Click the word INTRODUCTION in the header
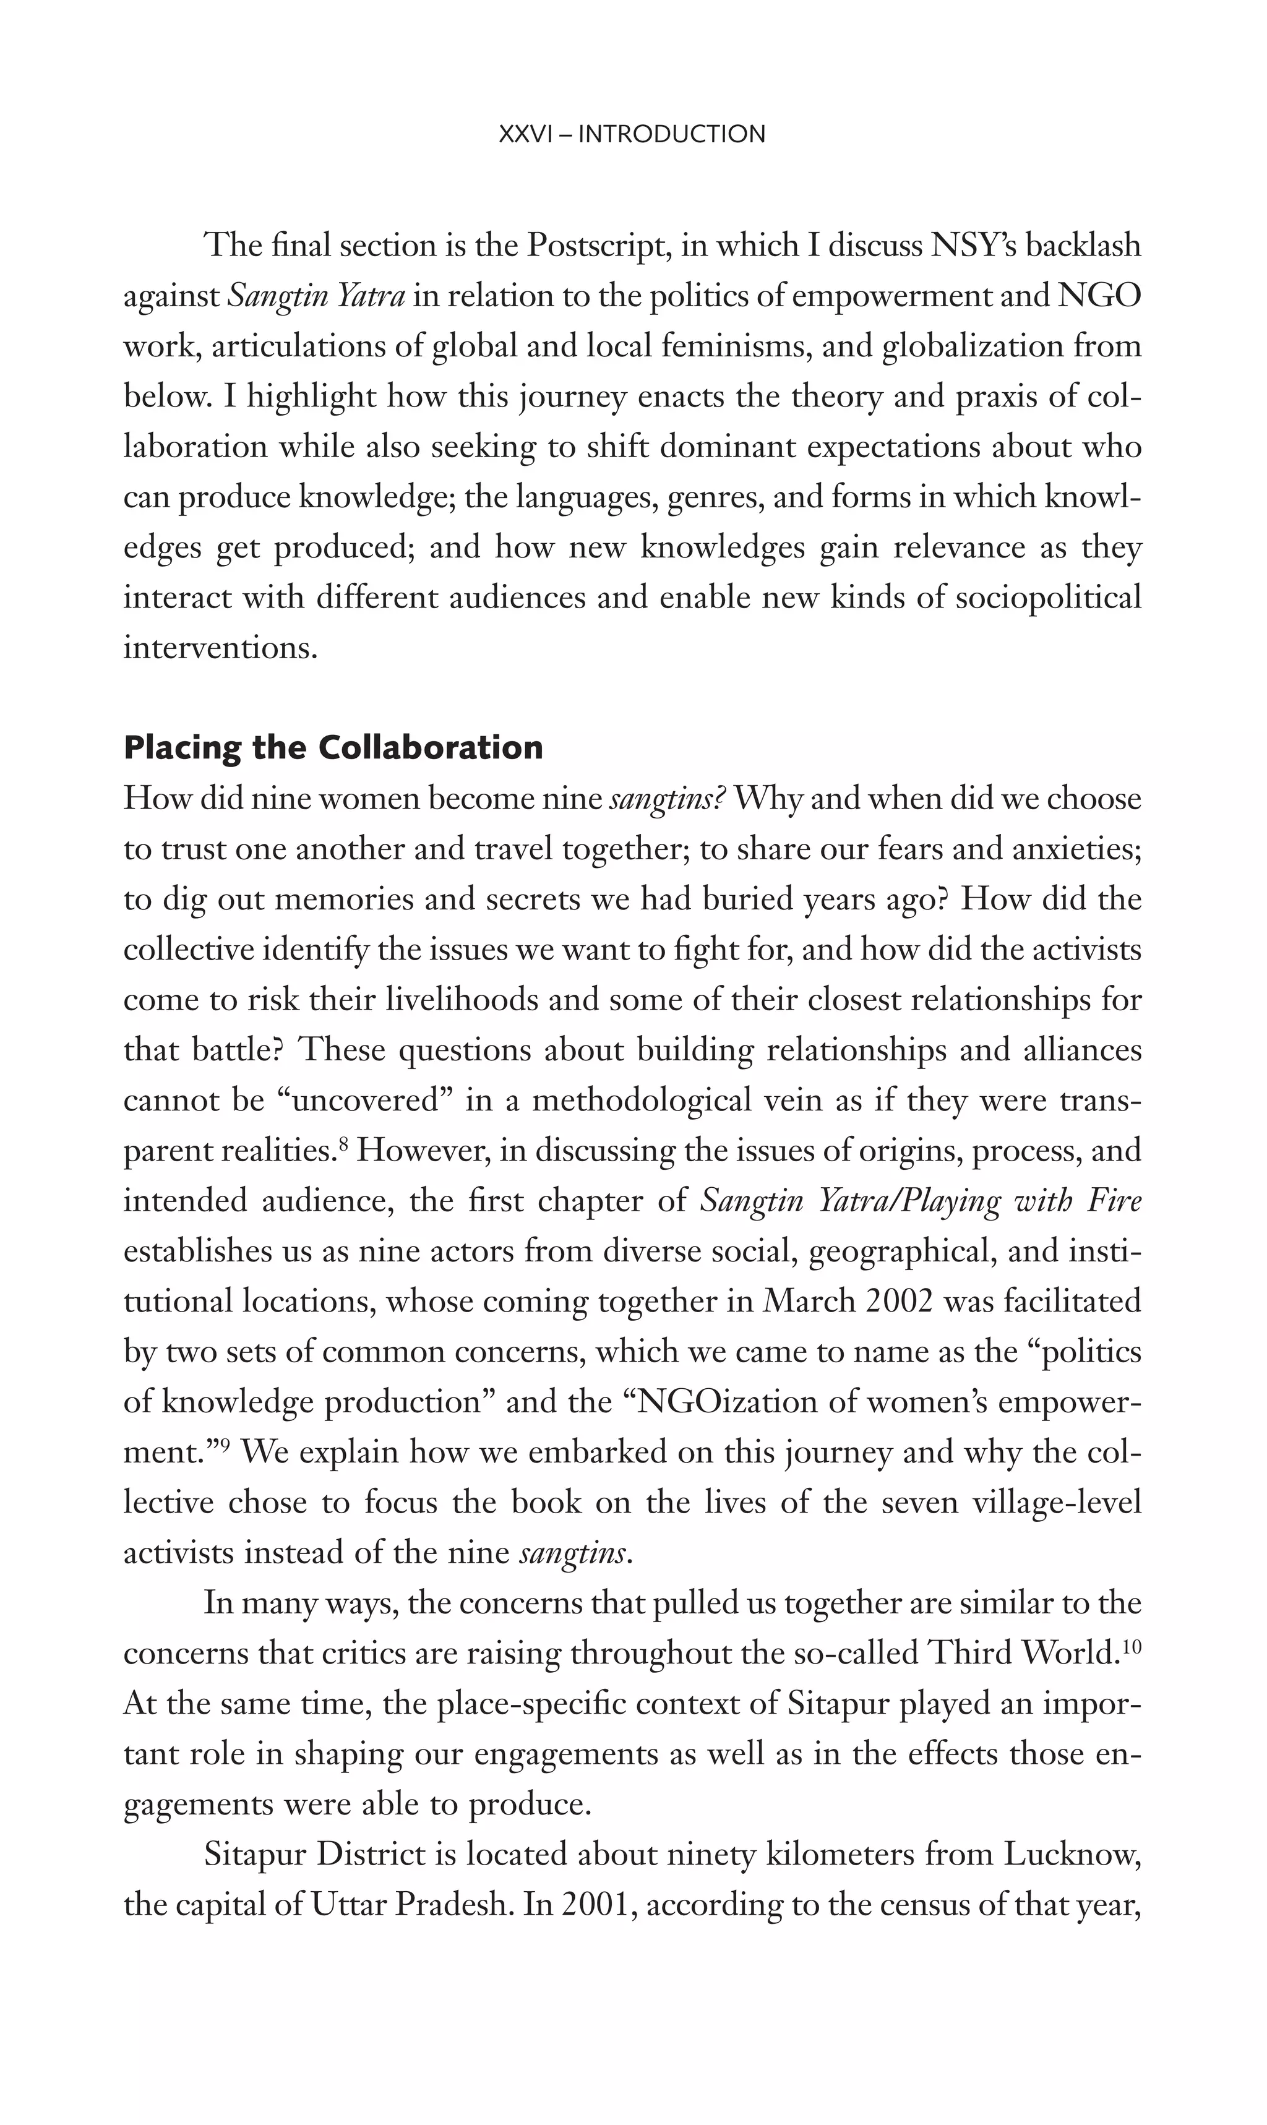pyautogui.click(x=672, y=134)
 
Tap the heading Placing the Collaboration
pyautogui.click(x=333, y=748)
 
